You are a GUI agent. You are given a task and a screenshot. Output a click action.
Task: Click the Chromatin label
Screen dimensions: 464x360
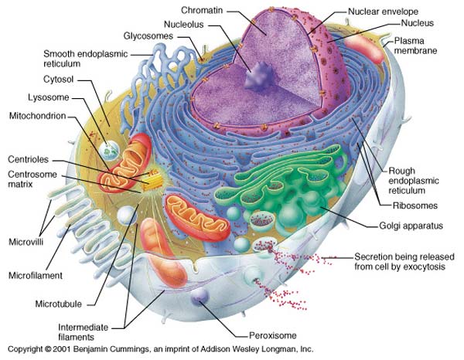(x=202, y=10)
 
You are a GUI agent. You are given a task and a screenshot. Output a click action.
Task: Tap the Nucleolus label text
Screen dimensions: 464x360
(x=184, y=24)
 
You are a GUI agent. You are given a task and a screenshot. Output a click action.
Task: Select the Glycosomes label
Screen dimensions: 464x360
(x=148, y=36)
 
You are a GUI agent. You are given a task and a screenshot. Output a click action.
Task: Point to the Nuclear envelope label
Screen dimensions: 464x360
(x=383, y=12)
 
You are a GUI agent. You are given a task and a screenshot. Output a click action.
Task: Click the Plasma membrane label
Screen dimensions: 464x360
(x=415, y=46)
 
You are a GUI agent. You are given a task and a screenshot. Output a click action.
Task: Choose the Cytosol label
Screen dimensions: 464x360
(x=58, y=80)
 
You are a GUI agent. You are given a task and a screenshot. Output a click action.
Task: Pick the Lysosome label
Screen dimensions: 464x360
(x=49, y=97)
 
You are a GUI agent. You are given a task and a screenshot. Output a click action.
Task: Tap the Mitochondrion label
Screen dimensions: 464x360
(x=37, y=116)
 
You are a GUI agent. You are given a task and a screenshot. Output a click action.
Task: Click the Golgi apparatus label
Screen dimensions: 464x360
(x=411, y=226)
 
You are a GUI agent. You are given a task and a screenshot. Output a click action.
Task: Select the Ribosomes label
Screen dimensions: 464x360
(x=415, y=205)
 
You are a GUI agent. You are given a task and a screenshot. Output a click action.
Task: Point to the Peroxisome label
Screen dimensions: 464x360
(x=272, y=335)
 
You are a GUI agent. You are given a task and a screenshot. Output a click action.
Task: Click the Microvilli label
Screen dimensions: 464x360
(x=26, y=242)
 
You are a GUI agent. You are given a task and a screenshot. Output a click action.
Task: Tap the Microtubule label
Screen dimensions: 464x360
(x=58, y=304)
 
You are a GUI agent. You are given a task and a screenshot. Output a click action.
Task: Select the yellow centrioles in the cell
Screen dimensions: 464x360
(x=152, y=181)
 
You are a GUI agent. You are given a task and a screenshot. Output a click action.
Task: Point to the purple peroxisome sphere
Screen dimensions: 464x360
(x=200, y=297)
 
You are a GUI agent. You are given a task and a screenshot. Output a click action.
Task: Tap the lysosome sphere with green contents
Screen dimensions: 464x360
(x=110, y=151)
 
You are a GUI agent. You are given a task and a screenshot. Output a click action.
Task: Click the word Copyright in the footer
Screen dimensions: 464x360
(x=26, y=349)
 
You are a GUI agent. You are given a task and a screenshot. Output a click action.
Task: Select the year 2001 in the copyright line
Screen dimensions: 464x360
(x=61, y=349)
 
